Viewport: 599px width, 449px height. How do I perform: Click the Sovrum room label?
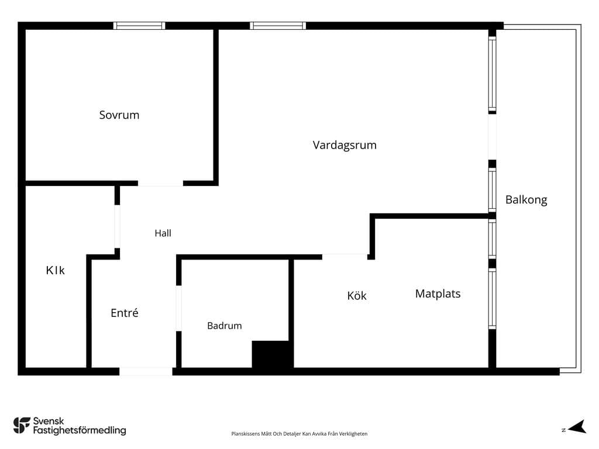119,115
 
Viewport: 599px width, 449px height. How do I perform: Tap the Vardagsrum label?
345,145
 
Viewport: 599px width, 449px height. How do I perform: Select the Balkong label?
526,200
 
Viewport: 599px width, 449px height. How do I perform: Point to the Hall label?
163,233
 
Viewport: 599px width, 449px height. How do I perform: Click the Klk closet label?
56,270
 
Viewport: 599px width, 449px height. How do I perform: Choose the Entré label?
124,313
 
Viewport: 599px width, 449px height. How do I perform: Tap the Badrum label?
224,326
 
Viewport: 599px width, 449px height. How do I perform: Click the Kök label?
357,295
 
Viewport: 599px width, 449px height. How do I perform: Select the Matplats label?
438,293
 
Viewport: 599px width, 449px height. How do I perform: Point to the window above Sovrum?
139,26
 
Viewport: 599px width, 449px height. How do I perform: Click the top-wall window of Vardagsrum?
278,26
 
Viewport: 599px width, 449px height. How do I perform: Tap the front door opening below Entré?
146,371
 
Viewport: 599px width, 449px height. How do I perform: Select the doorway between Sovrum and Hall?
160,183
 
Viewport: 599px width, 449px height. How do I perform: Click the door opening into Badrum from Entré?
178,308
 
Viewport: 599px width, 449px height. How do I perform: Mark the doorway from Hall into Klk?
117,226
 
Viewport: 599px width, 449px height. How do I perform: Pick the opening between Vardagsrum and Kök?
345,257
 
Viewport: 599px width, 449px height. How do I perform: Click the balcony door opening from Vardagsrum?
492,137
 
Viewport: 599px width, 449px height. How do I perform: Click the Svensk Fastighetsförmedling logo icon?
22,426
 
